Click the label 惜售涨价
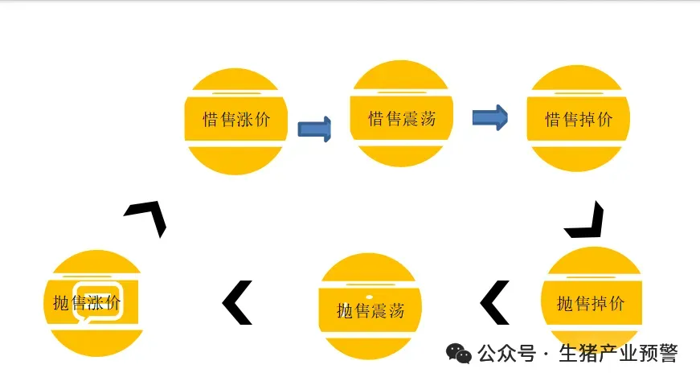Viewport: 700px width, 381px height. pyautogui.click(x=236, y=120)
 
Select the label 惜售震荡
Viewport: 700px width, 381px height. pyautogui.click(x=401, y=119)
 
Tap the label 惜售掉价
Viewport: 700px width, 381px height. pyautogui.click(x=579, y=120)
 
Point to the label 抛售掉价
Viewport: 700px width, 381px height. pyautogui.click(x=591, y=304)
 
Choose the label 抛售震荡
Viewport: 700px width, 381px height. pyautogui.click(x=370, y=309)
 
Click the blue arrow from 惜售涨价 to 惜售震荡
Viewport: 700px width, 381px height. pyautogui.click(x=315, y=129)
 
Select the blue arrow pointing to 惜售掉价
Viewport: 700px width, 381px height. pyautogui.click(x=489, y=118)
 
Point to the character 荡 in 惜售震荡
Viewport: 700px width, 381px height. pyautogui.click(x=427, y=119)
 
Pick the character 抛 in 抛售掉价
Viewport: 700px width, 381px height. pyautogui.click(x=566, y=304)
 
